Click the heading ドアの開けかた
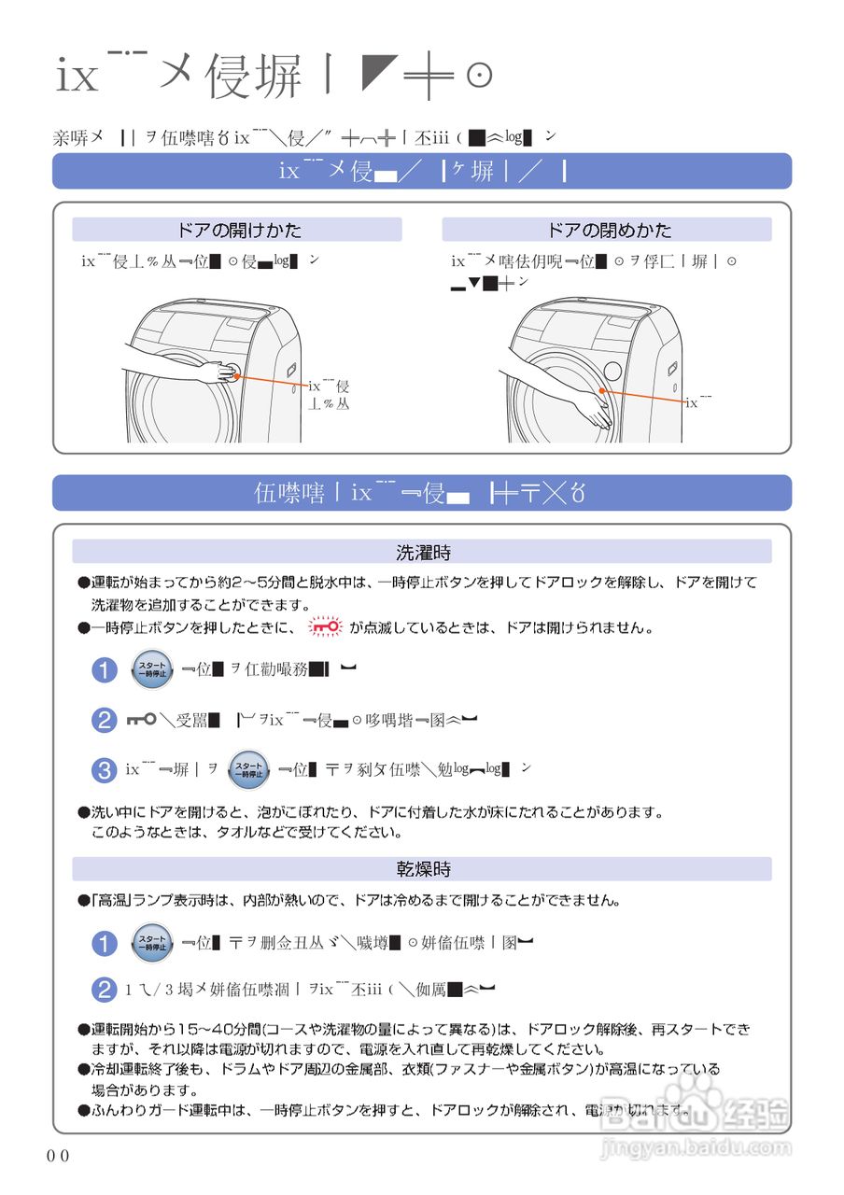click(x=239, y=230)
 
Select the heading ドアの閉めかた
click(x=609, y=230)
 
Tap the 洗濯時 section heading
click(x=423, y=552)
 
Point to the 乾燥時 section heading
click(x=423, y=869)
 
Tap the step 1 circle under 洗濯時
click(x=104, y=670)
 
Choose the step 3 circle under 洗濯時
click(x=104, y=770)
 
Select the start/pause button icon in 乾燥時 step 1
click(x=151, y=943)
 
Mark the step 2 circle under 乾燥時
click(x=104, y=991)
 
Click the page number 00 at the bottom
click(x=58, y=1156)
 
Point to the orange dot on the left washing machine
click(x=236, y=376)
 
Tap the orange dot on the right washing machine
click(x=602, y=391)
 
